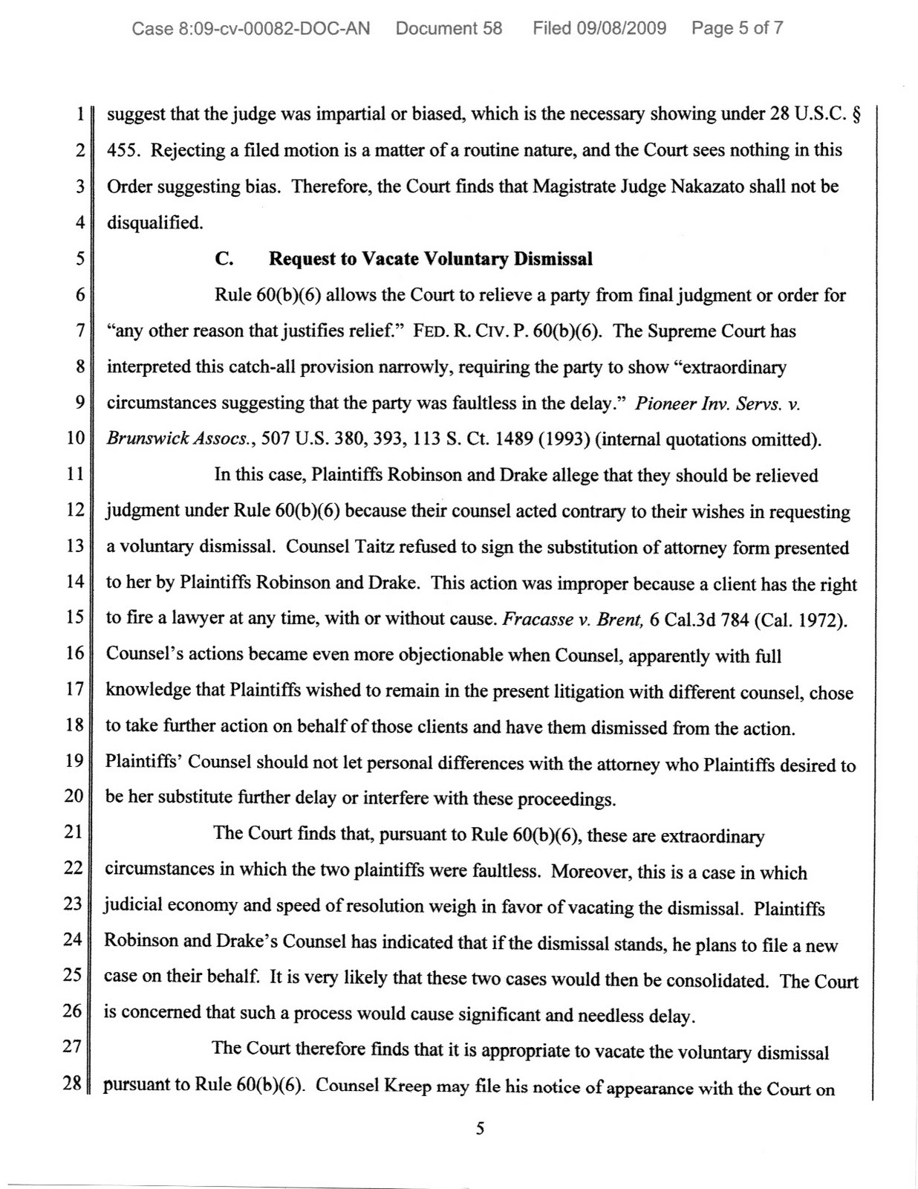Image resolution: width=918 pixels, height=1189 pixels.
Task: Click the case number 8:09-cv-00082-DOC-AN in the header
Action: (251, 29)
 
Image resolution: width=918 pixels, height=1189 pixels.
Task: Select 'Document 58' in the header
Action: (449, 29)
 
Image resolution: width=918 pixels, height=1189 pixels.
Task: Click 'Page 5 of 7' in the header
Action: (737, 29)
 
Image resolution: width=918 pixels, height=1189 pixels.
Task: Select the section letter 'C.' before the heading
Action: (225, 259)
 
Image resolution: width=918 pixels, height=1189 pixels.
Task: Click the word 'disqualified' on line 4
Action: (153, 222)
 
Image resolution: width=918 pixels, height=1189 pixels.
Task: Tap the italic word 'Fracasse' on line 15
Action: (535, 619)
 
